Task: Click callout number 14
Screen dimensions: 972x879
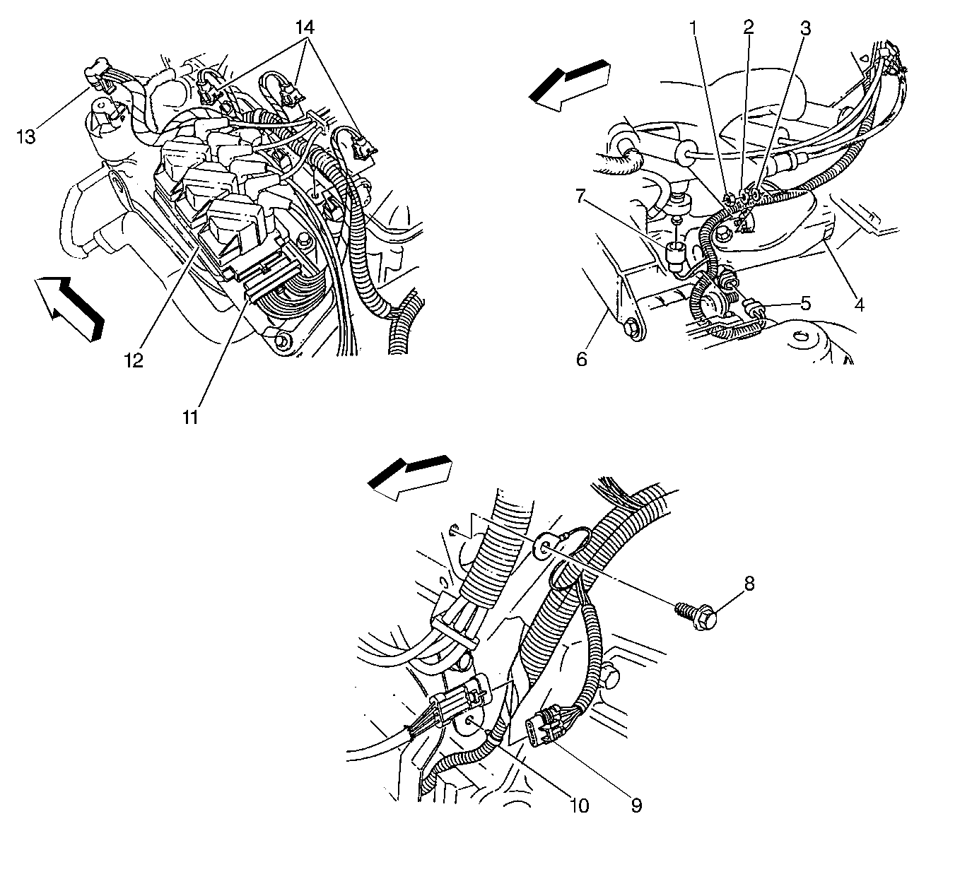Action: click(x=305, y=28)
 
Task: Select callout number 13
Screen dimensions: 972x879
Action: click(x=27, y=137)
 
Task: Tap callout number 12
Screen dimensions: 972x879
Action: click(x=134, y=360)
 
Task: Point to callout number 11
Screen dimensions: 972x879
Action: click(x=190, y=417)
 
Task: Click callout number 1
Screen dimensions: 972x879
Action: click(x=694, y=28)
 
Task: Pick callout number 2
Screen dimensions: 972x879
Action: click(x=749, y=27)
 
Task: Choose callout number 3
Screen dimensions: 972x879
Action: click(x=805, y=28)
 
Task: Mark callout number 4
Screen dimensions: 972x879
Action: click(x=859, y=305)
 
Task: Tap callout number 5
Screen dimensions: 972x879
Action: click(x=805, y=303)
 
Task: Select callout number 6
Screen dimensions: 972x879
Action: click(x=582, y=360)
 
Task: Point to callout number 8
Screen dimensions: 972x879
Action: click(x=749, y=584)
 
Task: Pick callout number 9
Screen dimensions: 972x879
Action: click(x=636, y=806)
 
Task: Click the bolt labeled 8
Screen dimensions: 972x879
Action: click(x=697, y=614)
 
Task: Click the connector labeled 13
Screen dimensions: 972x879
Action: click(x=100, y=75)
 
